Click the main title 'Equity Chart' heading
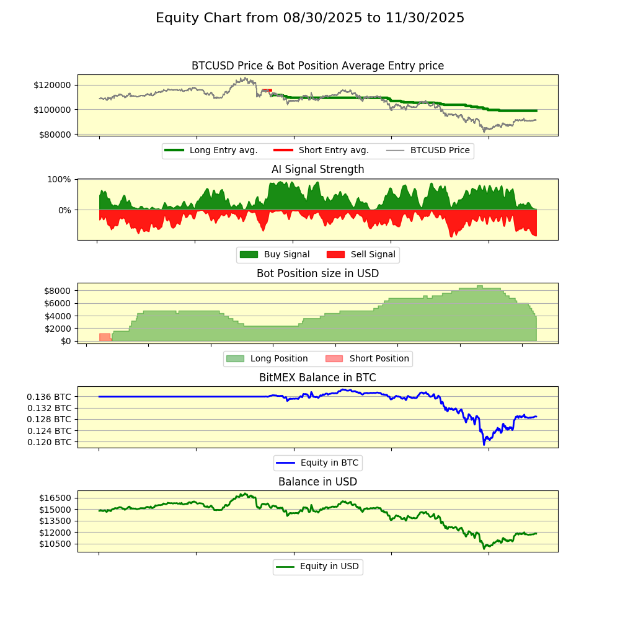point(310,18)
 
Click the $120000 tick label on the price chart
point(56,85)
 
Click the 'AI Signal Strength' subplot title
point(317,169)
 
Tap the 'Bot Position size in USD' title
point(317,273)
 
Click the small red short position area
point(105,337)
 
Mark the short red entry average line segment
point(267,91)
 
